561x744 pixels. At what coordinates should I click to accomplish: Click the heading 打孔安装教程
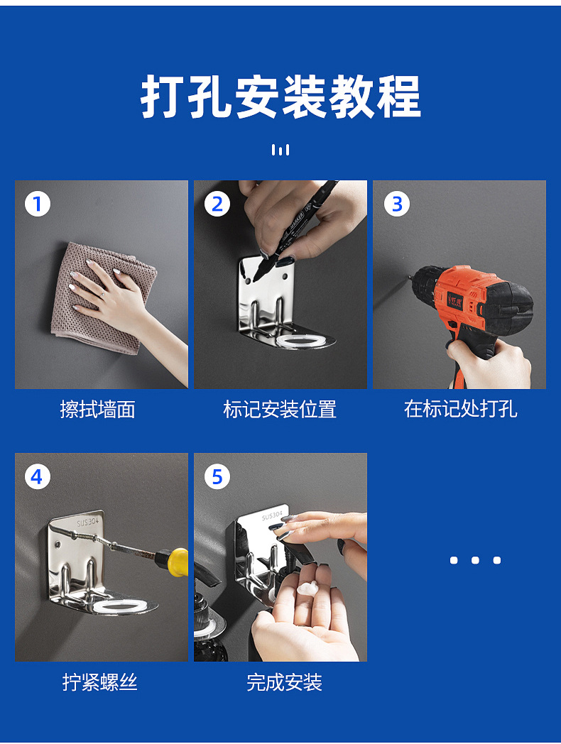(280, 97)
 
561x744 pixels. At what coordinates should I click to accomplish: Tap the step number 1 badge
(38, 204)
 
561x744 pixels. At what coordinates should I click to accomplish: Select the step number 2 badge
(217, 204)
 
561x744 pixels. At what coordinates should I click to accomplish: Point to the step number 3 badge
(396, 204)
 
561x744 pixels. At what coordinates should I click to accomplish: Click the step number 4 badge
(38, 476)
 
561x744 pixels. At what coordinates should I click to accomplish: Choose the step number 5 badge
(217, 476)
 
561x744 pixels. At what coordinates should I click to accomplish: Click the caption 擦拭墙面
(98, 409)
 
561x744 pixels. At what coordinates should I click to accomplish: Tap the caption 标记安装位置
(280, 409)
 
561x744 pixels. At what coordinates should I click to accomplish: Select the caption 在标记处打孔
(460, 408)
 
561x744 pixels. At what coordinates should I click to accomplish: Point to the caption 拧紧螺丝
(100, 682)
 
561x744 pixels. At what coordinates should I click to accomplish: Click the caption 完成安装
(284, 682)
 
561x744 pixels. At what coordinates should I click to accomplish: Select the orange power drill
(474, 308)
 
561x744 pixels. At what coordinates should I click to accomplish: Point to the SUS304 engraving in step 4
(88, 522)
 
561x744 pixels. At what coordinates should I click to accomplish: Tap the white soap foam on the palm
(311, 589)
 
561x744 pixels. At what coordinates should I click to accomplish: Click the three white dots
(475, 560)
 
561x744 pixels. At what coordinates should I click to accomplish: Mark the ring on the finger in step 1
(103, 295)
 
